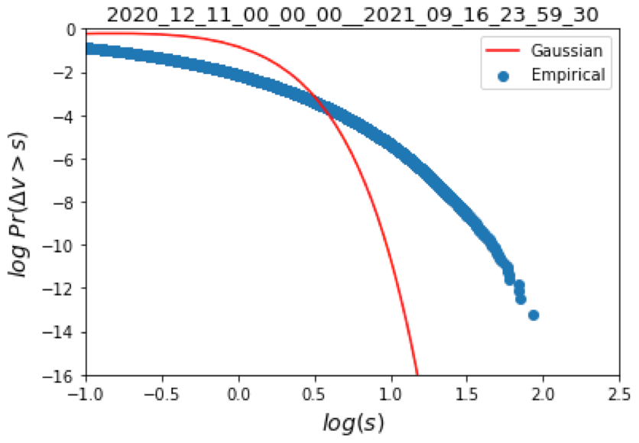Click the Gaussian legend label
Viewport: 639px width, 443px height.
566,51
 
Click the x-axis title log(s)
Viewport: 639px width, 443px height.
352,422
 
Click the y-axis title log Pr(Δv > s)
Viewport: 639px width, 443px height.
20,202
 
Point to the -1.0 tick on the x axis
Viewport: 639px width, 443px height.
86,394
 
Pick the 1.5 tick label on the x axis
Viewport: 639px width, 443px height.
467,394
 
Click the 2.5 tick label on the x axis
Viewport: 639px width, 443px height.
619,394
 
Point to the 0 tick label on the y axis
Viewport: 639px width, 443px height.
71,31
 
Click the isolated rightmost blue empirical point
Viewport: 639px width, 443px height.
534,315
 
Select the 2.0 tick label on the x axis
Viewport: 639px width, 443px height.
543,394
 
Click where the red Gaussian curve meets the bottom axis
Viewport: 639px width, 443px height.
417,374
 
